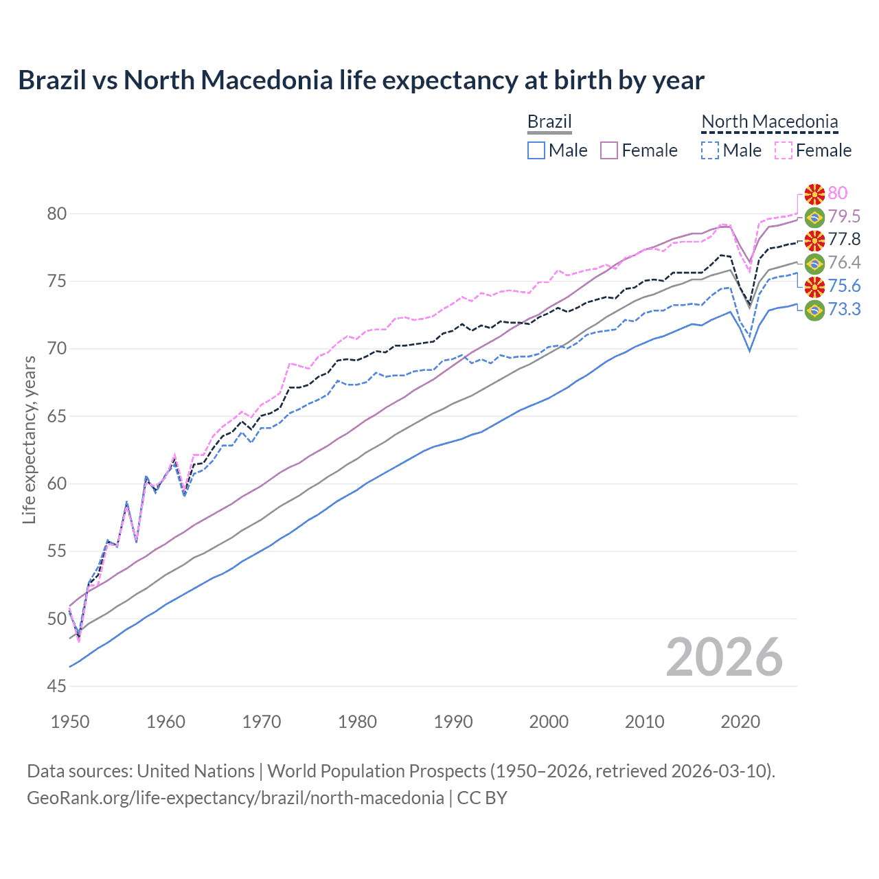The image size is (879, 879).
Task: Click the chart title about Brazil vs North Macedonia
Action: pyautogui.click(x=361, y=80)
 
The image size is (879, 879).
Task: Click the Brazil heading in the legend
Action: pyautogui.click(x=549, y=122)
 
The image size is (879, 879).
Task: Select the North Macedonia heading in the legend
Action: pyautogui.click(x=769, y=122)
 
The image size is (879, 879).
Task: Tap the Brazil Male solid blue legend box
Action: pyautogui.click(x=536, y=150)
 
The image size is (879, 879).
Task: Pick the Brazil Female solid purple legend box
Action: pyautogui.click(x=609, y=150)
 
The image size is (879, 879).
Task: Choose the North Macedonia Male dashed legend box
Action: pyautogui.click(x=710, y=150)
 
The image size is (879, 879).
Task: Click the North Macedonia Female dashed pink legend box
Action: pyautogui.click(x=783, y=150)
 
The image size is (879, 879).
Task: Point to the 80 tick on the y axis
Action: pyautogui.click(x=57, y=214)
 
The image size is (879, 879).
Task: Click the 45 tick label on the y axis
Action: pyautogui.click(x=57, y=686)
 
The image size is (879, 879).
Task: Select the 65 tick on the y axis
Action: pyautogui.click(x=57, y=416)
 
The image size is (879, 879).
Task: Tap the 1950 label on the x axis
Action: pyautogui.click(x=70, y=722)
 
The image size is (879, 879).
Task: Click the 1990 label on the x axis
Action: pyautogui.click(x=453, y=722)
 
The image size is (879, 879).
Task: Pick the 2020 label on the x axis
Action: pyautogui.click(x=740, y=722)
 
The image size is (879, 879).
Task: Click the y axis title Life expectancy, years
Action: pyautogui.click(x=29, y=439)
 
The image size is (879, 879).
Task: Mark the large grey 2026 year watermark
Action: pyautogui.click(x=724, y=657)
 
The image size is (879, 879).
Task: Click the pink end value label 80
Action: pyautogui.click(x=838, y=193)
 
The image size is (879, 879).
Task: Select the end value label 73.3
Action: pyautogui.click(x=844, y=309)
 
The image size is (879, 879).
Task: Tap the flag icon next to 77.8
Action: pyautogui.click(x=814, y=240)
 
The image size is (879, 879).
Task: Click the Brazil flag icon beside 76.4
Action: pyautogui.click(x=814, y=263)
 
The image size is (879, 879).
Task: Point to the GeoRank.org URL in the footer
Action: pyautogui.click(x=235, y=798)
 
